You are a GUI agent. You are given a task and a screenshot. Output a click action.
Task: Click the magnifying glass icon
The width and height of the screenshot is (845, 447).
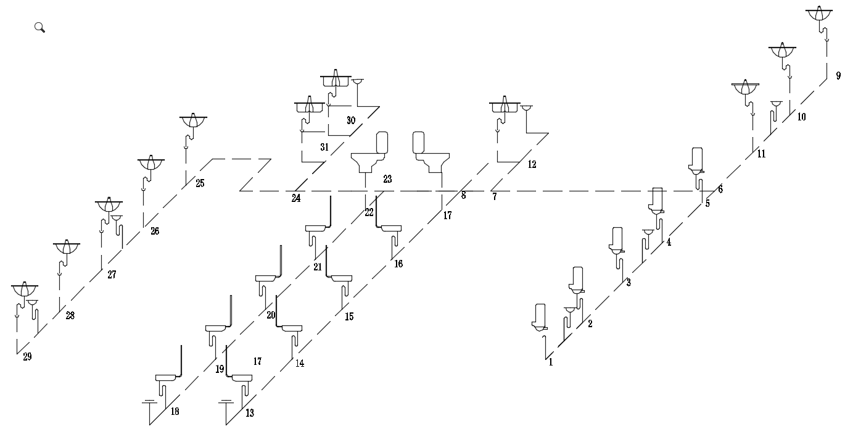[39, 27]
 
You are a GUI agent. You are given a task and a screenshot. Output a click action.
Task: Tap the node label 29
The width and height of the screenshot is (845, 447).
[27, 357]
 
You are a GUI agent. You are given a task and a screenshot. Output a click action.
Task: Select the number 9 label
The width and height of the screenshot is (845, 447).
[838, 76]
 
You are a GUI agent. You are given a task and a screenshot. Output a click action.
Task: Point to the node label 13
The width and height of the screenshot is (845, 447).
[249, 413]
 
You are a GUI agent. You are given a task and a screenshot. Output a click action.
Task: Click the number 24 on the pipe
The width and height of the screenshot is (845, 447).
[296, 199]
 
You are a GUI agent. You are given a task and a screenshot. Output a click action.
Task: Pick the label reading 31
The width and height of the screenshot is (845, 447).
[324, 147]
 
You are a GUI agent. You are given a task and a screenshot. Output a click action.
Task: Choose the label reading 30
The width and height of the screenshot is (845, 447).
[351, 120]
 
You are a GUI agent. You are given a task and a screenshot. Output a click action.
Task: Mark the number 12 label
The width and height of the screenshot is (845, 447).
[532, 165]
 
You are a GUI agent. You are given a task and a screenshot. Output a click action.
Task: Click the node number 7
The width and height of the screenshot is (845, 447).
[494, 197]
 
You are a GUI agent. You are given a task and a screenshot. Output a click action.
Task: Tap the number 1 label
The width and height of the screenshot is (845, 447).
[551, 363]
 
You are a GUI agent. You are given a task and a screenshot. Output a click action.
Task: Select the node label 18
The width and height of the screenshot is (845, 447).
[175, 412]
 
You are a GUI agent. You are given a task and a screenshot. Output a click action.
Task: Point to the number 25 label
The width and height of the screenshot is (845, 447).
[200, 183]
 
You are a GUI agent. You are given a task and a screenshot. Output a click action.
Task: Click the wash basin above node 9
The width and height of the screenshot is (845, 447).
[820, 15]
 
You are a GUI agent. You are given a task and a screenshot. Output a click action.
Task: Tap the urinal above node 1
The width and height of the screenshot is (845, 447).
[540, 317]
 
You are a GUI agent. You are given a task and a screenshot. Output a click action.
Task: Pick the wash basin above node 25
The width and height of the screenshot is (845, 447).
[193, 121]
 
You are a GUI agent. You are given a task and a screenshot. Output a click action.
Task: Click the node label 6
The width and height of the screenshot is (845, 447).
[720, 189]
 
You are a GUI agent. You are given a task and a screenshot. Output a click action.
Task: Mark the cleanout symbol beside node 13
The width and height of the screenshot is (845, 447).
[226, 403]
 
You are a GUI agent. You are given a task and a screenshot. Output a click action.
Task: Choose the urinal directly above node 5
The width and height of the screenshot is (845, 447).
[698, 160]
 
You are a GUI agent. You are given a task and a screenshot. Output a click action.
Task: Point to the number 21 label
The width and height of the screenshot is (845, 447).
[318, 267]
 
